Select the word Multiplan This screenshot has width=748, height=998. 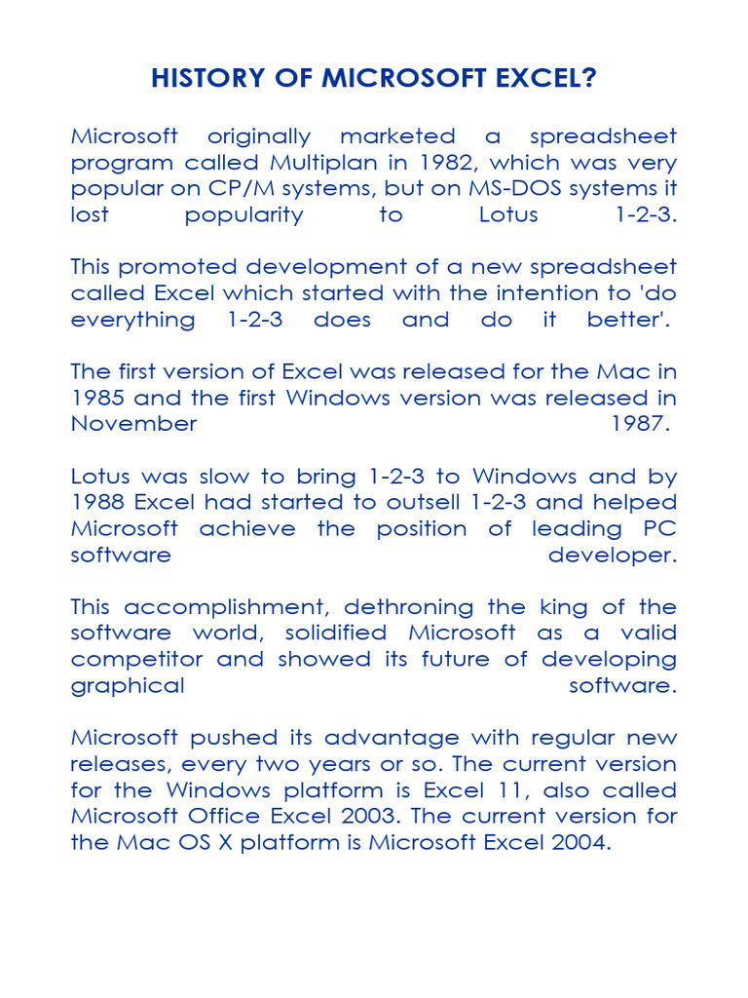click(x=321, y=162)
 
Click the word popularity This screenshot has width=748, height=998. click(x=244, y=214)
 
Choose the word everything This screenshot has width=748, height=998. click(x=132, y=320)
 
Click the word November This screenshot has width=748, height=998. click(x=133, y=424)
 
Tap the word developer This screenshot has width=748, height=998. click(x=612, y=556)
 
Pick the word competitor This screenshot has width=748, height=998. click(x=136, y=660)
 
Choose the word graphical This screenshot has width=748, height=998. click(x=128, y=686)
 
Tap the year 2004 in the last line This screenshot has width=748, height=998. click(x=581, y=843)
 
